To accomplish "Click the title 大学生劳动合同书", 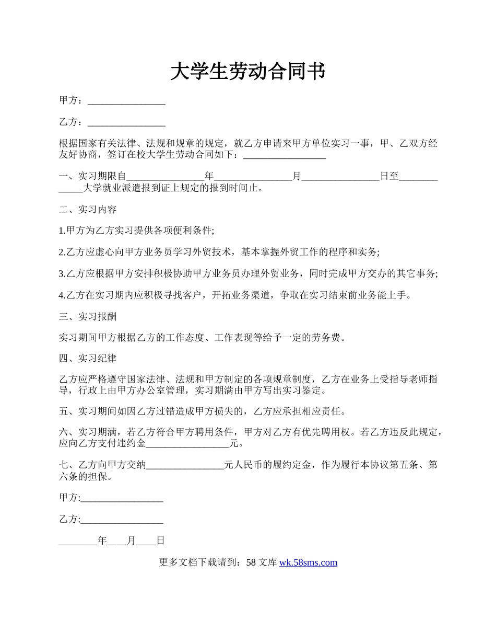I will [x=248, y=72].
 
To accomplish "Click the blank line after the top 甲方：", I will [x=126, y=102].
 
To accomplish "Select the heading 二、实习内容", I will [x=88, y=210].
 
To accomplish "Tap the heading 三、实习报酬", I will [x=88, y=316].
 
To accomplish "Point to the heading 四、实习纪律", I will [x=88, y=358].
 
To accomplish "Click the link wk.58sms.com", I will [x=308, y=562].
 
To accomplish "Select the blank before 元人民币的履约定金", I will [x=185, y=465].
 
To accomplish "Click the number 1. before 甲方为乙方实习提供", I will [x=62, y=231].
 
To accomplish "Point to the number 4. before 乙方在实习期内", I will [x=62, y=295].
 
